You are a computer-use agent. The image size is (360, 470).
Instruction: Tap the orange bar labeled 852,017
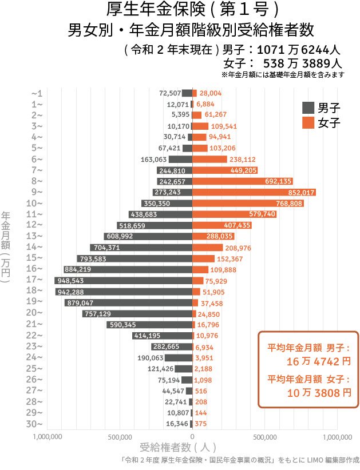click(x=254, y=192)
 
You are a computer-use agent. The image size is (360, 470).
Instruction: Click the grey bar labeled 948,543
click(x=123, y=280)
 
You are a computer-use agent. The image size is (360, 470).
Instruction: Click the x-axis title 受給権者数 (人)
click(x=177, y=447)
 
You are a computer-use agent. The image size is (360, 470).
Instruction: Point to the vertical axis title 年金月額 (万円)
click(x=6, y=247)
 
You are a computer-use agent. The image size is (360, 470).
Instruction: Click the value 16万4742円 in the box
click(x=310, y=361)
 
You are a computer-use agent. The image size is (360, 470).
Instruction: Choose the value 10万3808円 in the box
click(x=310, y=392)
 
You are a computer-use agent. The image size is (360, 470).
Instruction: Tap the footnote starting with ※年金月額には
click(x=282, y=74)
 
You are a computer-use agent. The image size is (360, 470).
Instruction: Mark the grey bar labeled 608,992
click(x=148, y=236)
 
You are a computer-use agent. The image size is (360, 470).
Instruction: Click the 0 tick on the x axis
click(x=192, y=437)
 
